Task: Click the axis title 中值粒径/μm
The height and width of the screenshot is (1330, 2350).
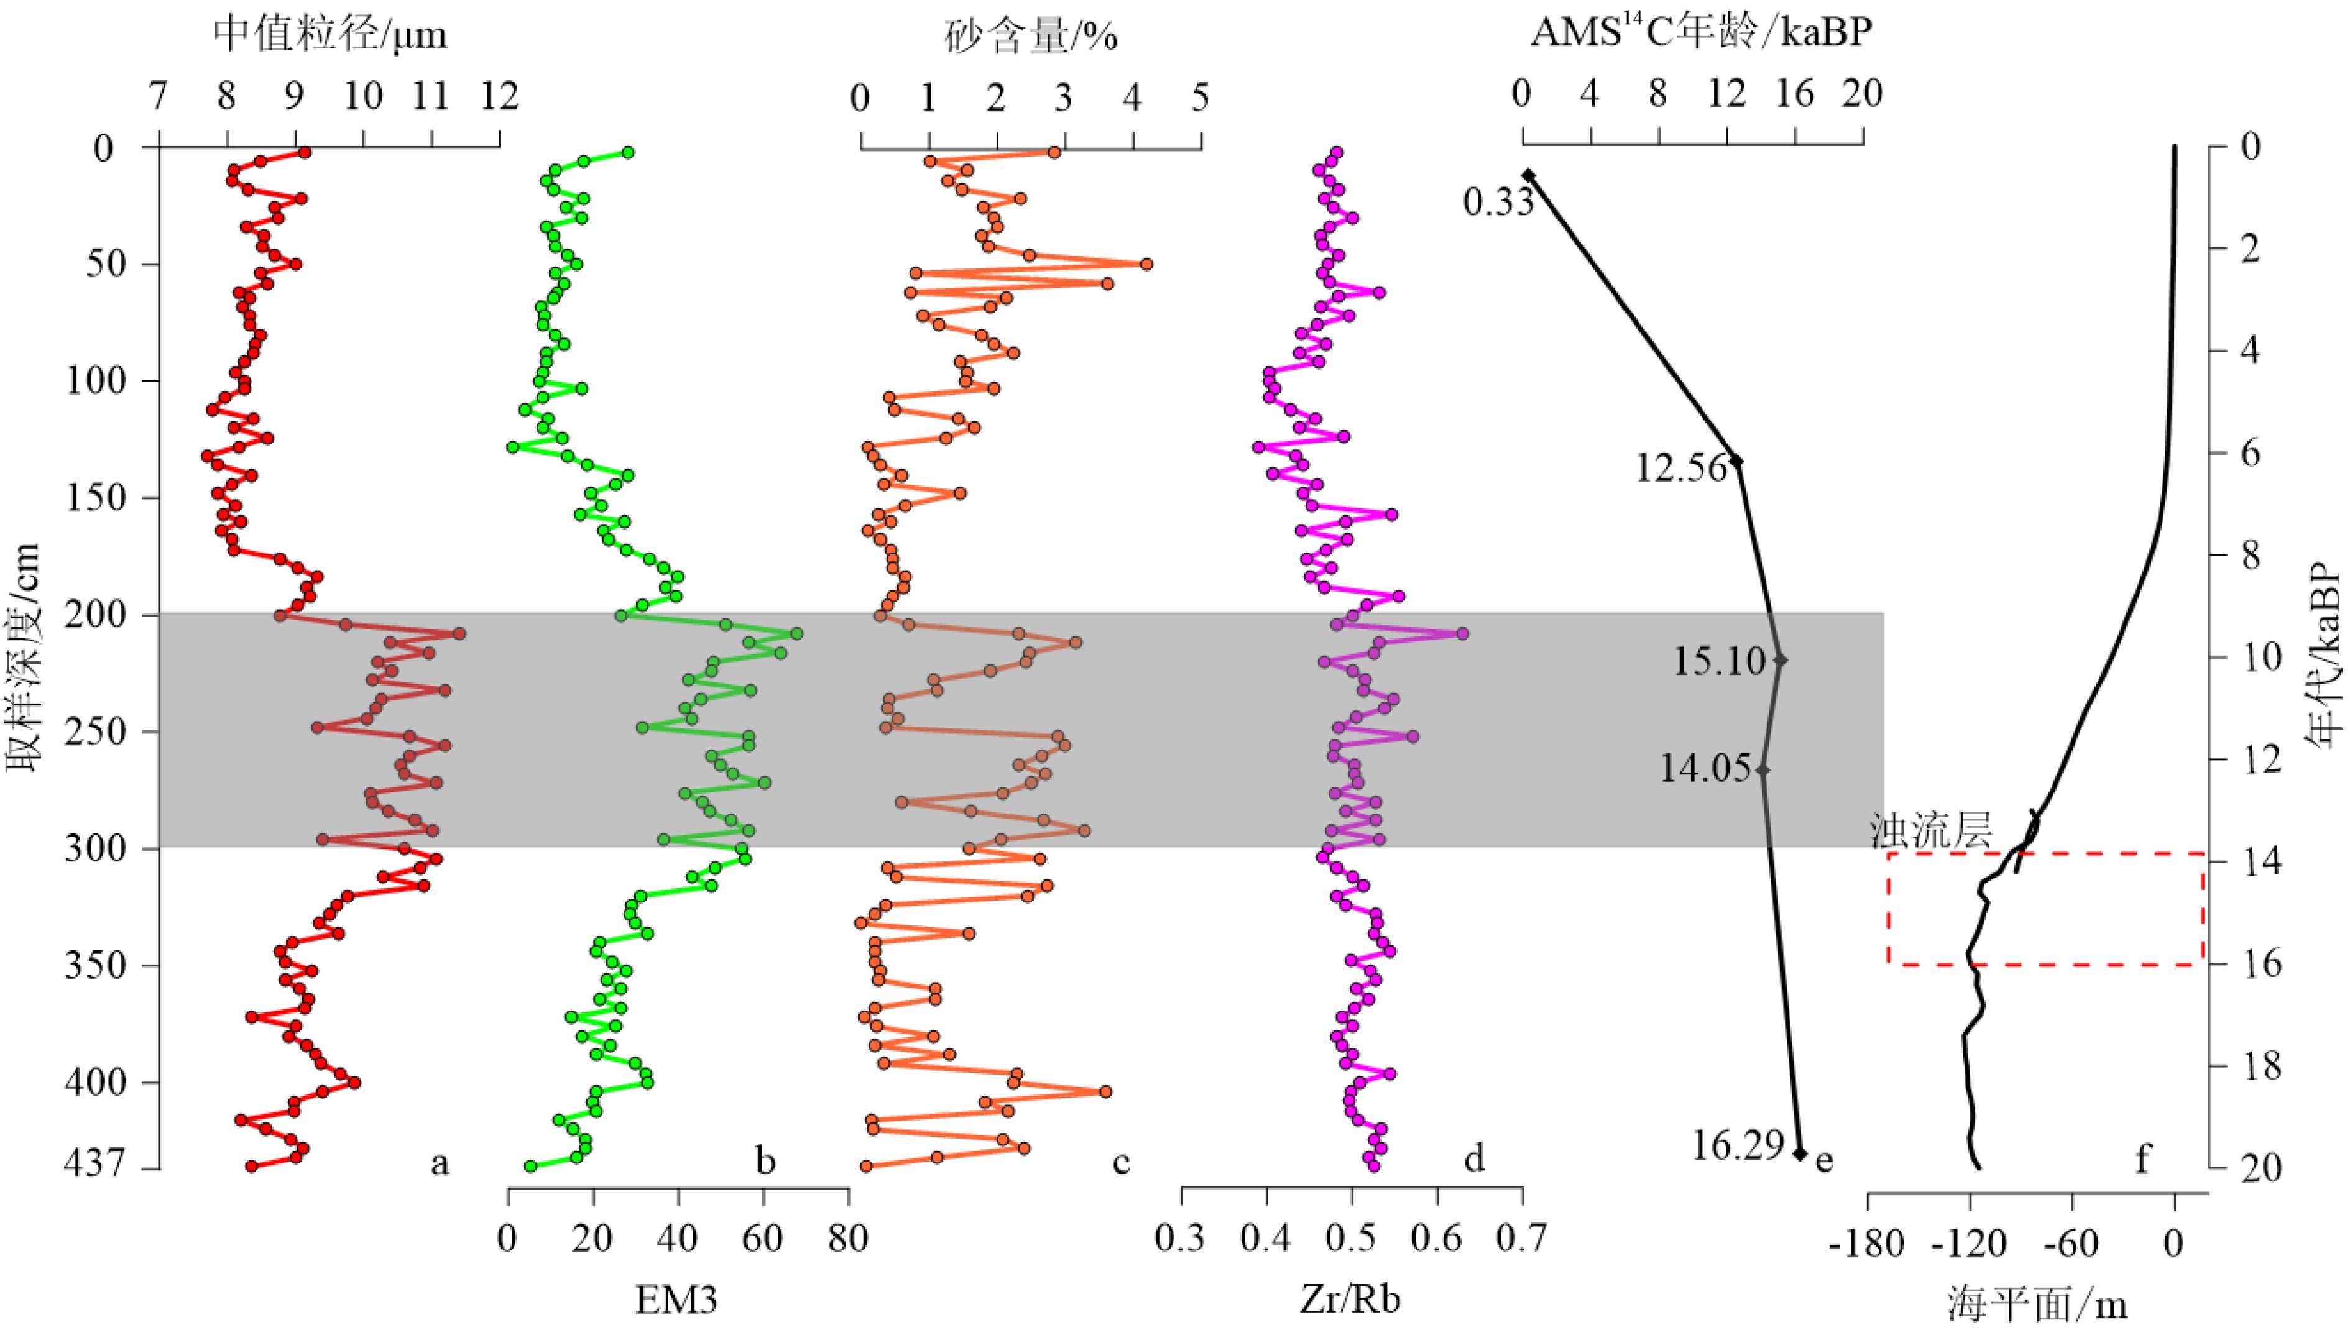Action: pyautogui.click(x=330, y=35)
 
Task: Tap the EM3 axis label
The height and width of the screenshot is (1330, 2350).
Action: pyautogui.click(x=677, y=1299)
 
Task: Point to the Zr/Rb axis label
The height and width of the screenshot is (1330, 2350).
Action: pyautogui.click(x=1350, y=1299)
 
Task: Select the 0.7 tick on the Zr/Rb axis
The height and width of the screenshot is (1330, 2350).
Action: pyautogui.click(x=1521, y=1239)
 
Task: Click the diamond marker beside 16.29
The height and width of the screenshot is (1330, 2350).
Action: pyautogui.click(x=1800, y=1153)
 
